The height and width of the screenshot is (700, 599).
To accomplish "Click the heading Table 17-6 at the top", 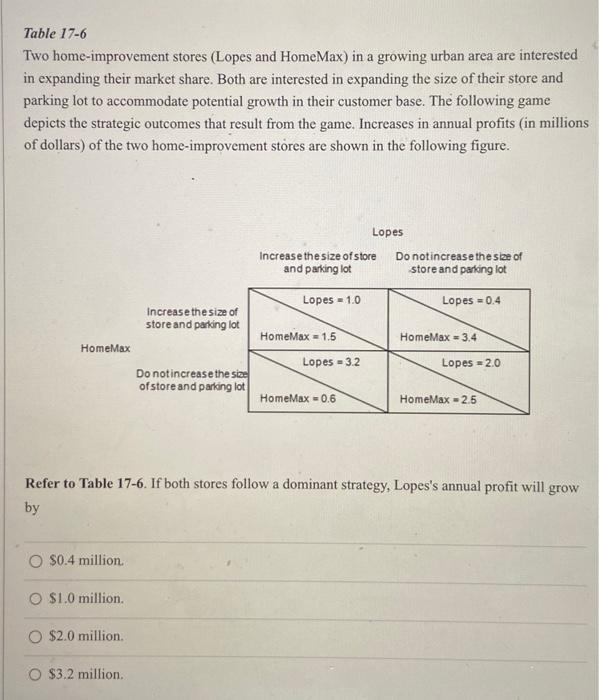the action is pyautogui.click(x=56, y=31).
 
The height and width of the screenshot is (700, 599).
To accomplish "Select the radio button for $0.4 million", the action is pyautogui.click(x=34, y=561).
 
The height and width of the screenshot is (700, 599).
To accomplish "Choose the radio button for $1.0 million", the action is pyautogui.click(x=34, y=599).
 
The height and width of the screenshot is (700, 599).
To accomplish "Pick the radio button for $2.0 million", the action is pyautogui.click(x=34, y=636).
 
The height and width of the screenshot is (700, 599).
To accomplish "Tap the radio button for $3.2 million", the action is pyautogui.click(x=34, y=674).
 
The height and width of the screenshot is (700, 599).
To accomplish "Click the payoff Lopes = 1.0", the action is pyautogui.click(x=331, y=300).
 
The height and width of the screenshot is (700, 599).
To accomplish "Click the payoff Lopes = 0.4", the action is pyautogui.click(x=471, y=300).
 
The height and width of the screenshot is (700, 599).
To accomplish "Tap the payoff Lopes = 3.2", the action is pyautogui.click(x=331, y=362).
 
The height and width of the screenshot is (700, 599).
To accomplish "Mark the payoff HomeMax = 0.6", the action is pyautogui.click(x=298, y=398).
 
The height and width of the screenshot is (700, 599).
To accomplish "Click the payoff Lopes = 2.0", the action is pyautogui.click(x=471, y=362).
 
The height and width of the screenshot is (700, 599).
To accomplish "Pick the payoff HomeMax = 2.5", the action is pyautogui.click(x=438, y=398).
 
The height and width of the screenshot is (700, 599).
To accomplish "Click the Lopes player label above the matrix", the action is pyautogui.click(x=389, y=231).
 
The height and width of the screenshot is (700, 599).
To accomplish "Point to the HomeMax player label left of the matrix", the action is pyautogui.click(x=105, y=348).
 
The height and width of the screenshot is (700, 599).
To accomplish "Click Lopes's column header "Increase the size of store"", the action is pyautogui.click(x=318, y=262).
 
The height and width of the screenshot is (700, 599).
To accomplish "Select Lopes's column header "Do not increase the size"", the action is pyautogui.click(x=458, y=262).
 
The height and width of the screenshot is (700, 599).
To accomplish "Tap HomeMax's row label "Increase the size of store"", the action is pyautogui.click(x=191, y=318).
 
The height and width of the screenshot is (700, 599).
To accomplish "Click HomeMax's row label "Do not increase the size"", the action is pyautogui.click(x=191, y=380).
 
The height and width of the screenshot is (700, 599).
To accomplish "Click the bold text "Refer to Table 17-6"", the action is pyautogui.click(x=90, y=486).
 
